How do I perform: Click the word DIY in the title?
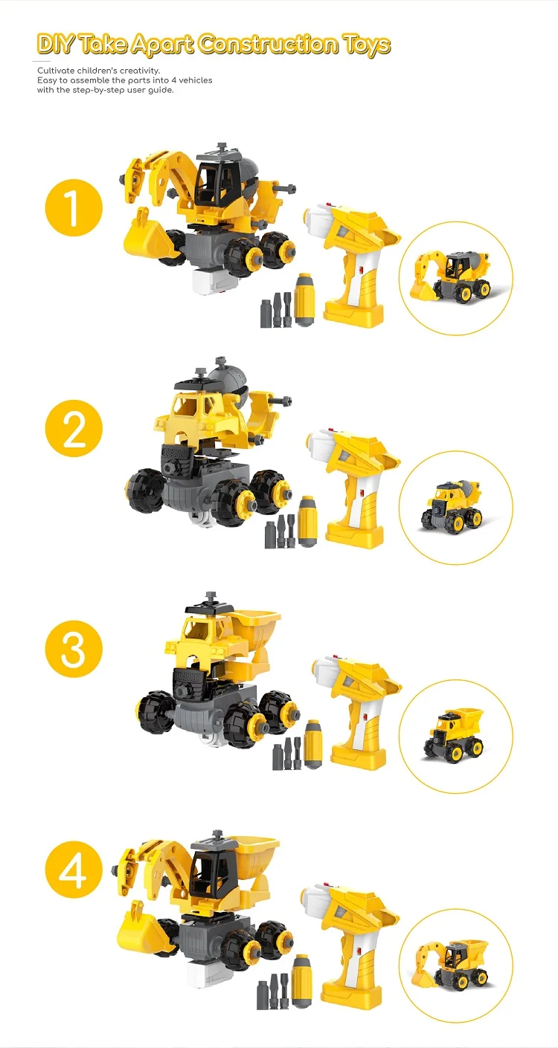coord(56,45)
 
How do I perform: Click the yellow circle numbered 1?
coord(74,208)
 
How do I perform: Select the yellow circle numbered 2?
coord(74,429)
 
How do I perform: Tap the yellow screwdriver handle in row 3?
coord(312,743)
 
